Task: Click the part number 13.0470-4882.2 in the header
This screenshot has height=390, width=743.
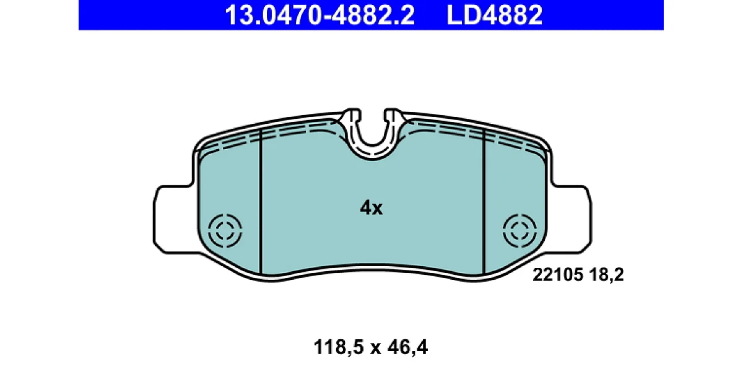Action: point(319,15)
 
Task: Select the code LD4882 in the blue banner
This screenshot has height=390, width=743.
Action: point(495,15)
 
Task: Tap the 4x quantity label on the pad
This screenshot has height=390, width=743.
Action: point(371,208)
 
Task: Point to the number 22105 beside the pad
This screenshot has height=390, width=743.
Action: point(558,275)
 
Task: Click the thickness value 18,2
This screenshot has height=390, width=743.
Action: point(606,275)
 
